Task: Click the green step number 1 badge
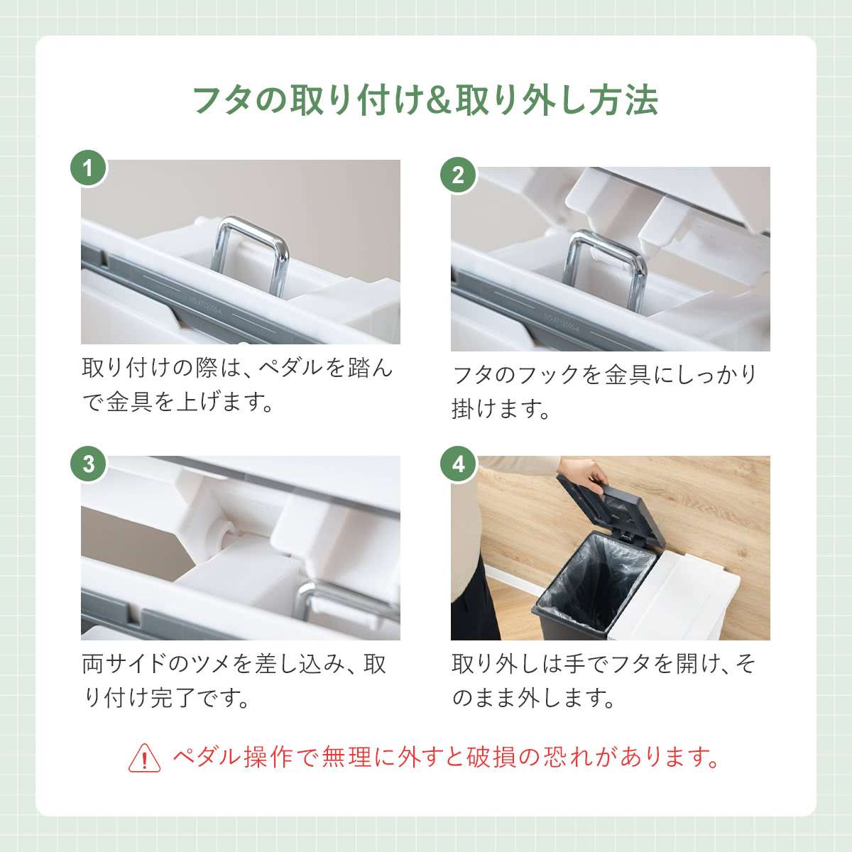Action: (x=89, y=168)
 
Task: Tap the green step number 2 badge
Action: (x=458, y=175)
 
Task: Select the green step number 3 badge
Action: (x=89, y=464)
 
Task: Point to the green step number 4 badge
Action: (x=458, y=464)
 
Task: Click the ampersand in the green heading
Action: (x=439, y=101)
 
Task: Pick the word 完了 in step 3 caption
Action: (x=173, y=698)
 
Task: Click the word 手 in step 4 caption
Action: (x=570, y=664)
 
